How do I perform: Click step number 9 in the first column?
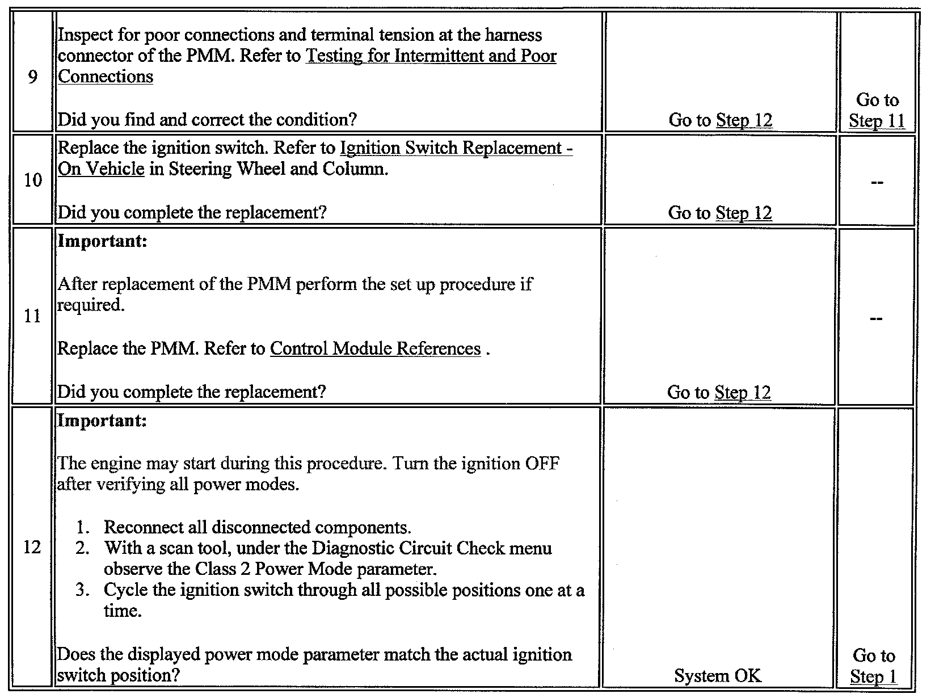33,77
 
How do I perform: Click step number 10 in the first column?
33,180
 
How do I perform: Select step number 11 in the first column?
33,316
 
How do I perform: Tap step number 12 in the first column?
32,548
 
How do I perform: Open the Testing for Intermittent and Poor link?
431,56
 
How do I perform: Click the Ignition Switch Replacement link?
456,149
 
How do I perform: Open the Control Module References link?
375,348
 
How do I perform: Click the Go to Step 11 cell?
877,111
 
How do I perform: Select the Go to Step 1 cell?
874,666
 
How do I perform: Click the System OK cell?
718,676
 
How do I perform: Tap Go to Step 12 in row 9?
721,120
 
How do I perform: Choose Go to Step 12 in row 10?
720,213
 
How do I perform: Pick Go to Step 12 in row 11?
719,393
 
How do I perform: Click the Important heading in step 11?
103,241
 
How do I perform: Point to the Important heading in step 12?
103,421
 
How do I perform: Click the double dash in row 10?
877,183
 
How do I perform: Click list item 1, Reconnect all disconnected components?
257,528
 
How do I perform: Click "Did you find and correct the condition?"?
208,120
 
